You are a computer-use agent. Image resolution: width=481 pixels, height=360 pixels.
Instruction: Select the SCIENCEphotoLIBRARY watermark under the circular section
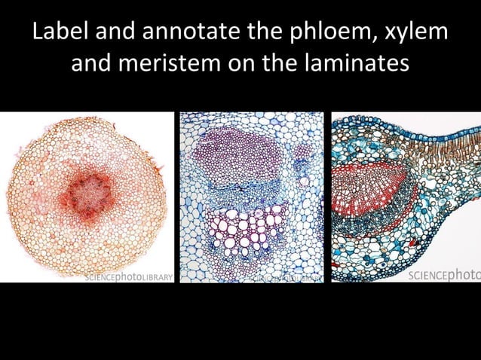coord(130,276)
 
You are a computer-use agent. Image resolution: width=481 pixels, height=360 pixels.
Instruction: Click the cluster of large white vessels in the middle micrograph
coord(245,229)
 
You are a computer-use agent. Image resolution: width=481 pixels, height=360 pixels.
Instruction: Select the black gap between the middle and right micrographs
coord(328,197)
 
